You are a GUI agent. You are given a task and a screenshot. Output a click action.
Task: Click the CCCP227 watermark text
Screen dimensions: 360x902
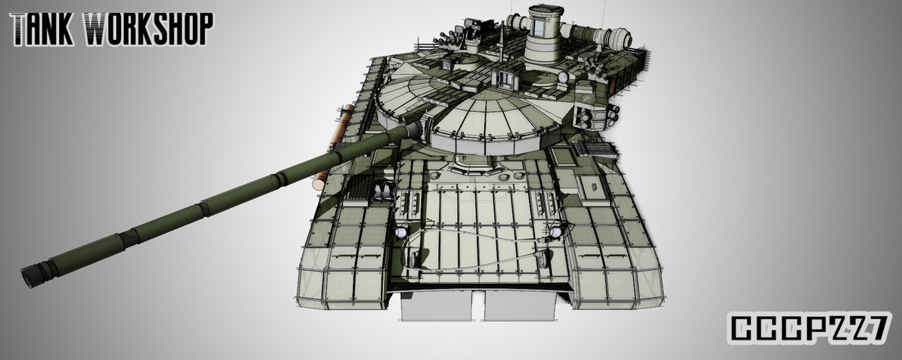(x=808, y=328)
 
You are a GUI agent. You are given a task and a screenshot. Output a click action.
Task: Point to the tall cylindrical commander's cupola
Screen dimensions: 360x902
(x=543, y=35)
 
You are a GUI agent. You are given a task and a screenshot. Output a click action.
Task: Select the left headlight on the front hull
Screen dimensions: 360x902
(x=400, y=234)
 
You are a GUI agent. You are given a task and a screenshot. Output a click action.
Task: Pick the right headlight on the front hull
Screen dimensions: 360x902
(x=558, y=232)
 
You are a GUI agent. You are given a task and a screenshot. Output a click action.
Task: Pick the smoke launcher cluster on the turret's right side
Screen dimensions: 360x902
(x=598, y=117)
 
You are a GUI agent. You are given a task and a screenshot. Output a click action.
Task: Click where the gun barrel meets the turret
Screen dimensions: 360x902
(x=412, y=130)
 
